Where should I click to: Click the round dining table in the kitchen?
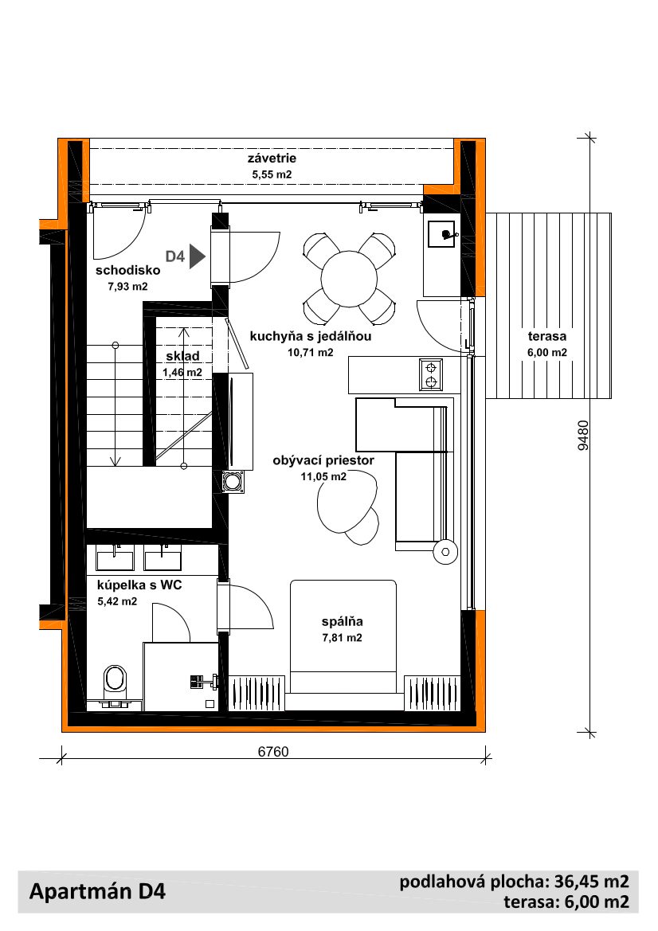(x=349, y=279)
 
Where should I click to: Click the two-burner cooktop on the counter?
(x=430, y=374)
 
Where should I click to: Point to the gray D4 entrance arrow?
(x=198, y=256)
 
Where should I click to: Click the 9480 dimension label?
(x=584, y=435)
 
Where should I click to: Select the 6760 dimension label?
(x=273, y=752)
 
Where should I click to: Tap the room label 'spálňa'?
(x=342, y=622)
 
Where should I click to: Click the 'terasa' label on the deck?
(x=547, y=336)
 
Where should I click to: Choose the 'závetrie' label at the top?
(x=272, y=158)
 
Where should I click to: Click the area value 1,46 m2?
(x=182, y=372)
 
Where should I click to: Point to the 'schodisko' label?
(x=127, y=270)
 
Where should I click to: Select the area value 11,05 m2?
(x=323, y=476)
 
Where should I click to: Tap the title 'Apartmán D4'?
(x=97, y=891)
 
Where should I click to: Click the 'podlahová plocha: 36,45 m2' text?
(x=515, y=882)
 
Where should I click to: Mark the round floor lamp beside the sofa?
(x=445, y=552)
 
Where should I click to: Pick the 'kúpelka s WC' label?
(x=139, y=585)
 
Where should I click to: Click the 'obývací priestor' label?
(x=323, y=460)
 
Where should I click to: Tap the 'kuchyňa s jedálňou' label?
(x=311, y=336)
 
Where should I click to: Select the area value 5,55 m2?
(x=272, y=174)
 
